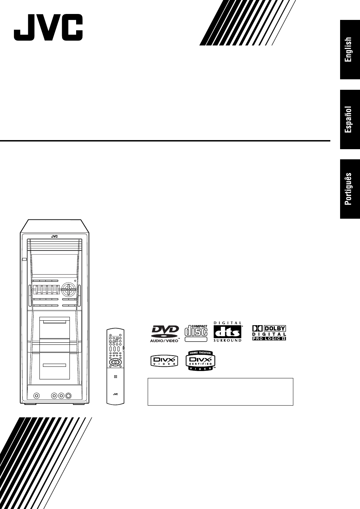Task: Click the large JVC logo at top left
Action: [x=48, y=28]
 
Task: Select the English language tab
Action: [x=350, y=50]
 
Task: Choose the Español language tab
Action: [x=350, y=119]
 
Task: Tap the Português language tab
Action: [x=350, y=189]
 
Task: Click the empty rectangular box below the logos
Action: [x=220, y=391]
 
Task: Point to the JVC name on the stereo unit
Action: [x=54, y=236]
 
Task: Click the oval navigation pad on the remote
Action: [x=115, y=362]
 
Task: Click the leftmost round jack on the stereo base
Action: [x=36, y=396]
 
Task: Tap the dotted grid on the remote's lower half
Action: [x=115, y=377]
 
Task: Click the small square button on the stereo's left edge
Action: [x=24, y=260]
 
